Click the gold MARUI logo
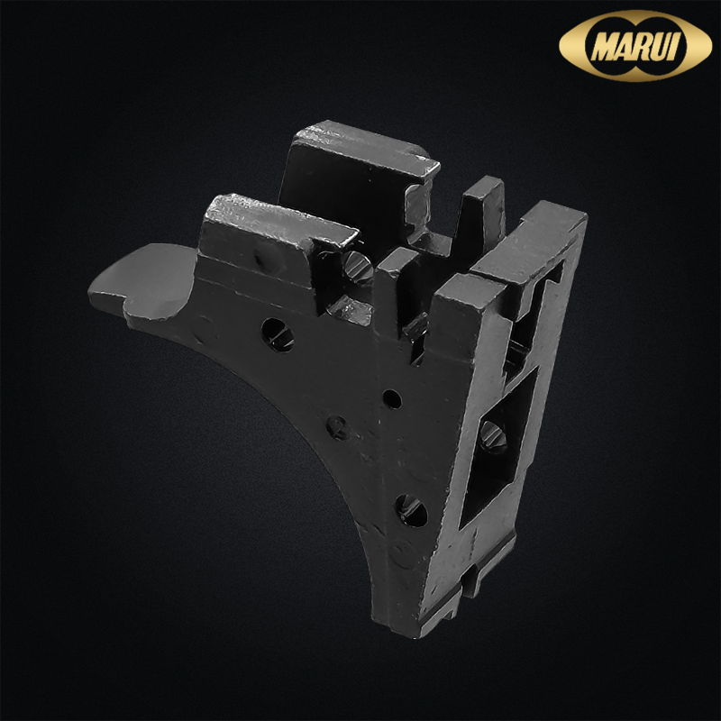click(x=635, y=46)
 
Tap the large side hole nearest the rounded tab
click(x=278, y=335)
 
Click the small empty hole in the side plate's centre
click(x=392, y=398)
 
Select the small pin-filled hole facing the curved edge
click(x=337, y=427)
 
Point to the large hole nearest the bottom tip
click(x=411, y=510)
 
